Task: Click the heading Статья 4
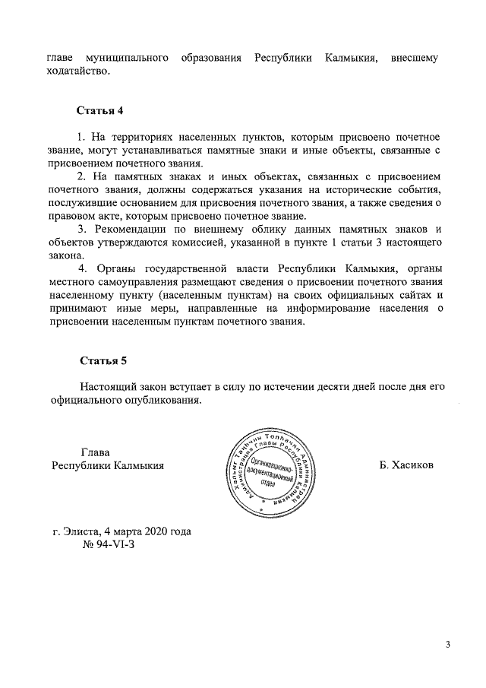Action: (x=99, y=111)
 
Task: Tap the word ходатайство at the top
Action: (x=78, y=72)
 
